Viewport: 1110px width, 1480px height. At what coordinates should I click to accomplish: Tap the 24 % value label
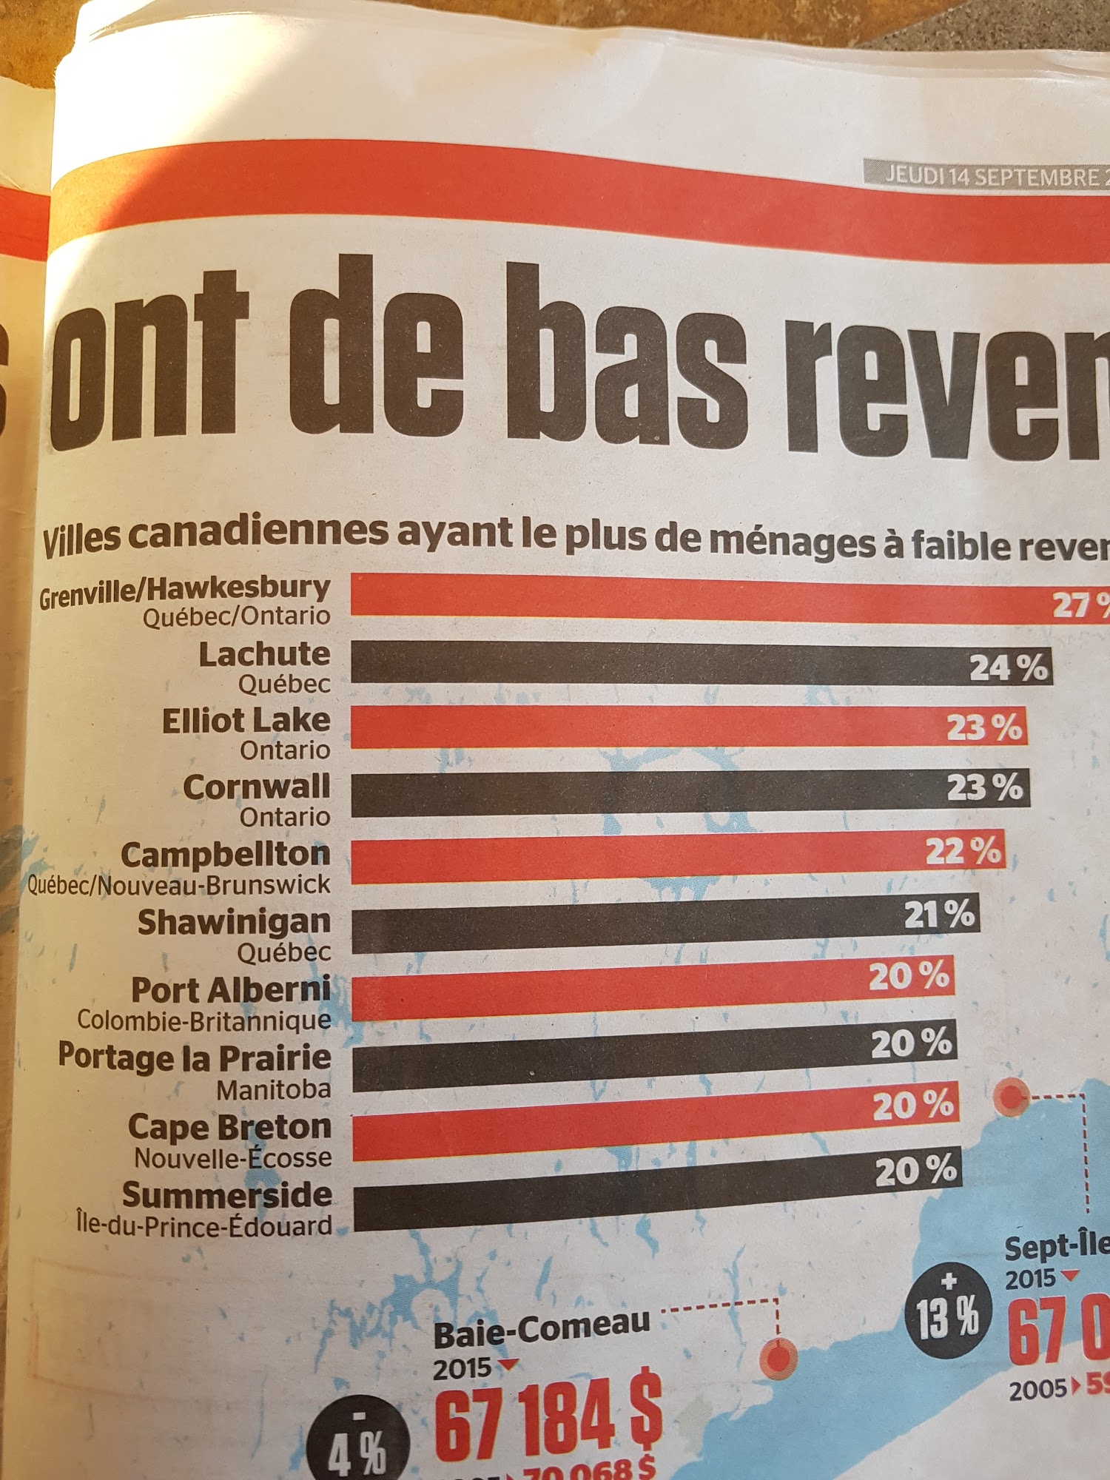[x=1009, y=667]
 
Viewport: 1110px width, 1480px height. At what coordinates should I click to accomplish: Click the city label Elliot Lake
[x=246, y=721]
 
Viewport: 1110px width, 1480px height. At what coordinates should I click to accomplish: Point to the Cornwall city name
[x=256, y=787]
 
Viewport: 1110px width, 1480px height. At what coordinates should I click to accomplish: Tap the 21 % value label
[x=940, y=915]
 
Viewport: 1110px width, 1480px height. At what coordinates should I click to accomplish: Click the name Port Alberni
[x=231, y=990]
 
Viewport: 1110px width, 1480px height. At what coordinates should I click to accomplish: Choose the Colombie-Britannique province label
[x=204, y=1020]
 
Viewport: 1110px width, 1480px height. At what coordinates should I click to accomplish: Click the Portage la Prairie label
[x=195, y=1057]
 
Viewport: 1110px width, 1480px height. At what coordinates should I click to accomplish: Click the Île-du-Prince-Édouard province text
[x=204, y=1226]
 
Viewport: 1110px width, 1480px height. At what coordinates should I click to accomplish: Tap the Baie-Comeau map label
[x=542, y=1332]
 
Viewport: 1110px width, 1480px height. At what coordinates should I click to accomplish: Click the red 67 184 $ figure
[x=548, y=1421]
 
